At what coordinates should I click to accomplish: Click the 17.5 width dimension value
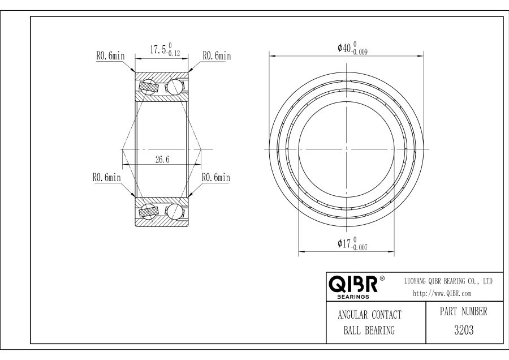[157, 50]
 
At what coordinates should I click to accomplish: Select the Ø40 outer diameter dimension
[352, 48]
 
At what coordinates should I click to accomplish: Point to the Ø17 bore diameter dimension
[352, 243]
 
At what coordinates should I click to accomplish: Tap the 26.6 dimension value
[162, 160]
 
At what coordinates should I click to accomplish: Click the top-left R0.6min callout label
[110, 55]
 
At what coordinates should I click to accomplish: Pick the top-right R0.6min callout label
[217, 55]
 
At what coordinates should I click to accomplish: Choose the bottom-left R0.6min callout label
[106, 178]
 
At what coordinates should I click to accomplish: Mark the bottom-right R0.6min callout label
[216, 178]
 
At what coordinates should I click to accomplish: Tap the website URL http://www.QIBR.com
[442, 293]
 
